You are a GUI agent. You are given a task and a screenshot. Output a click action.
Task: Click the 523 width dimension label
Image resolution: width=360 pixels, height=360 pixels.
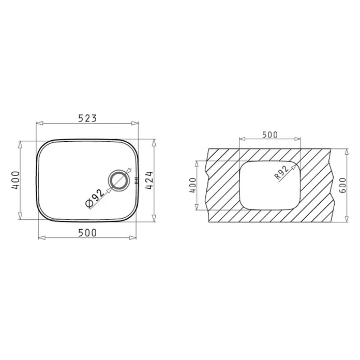[87, 118]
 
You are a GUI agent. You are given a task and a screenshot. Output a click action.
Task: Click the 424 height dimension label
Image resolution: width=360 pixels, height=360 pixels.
[149, 180]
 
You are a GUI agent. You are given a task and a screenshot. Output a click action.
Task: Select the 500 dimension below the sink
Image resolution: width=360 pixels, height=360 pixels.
[87, 233]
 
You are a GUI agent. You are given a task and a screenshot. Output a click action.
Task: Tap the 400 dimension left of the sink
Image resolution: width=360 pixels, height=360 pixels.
[16, 180]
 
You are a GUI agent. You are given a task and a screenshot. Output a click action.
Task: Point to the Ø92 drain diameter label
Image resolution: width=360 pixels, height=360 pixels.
[95, 199]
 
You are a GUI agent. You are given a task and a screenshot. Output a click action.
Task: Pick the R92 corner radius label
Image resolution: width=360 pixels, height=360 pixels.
[281, 172]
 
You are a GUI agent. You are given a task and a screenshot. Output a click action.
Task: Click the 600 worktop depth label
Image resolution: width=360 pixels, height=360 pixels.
[342, 185]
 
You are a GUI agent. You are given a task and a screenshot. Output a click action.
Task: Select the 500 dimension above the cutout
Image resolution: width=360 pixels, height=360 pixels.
[270, 135]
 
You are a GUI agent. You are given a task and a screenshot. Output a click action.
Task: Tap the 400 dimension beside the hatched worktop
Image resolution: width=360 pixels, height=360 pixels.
[193, 185]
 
